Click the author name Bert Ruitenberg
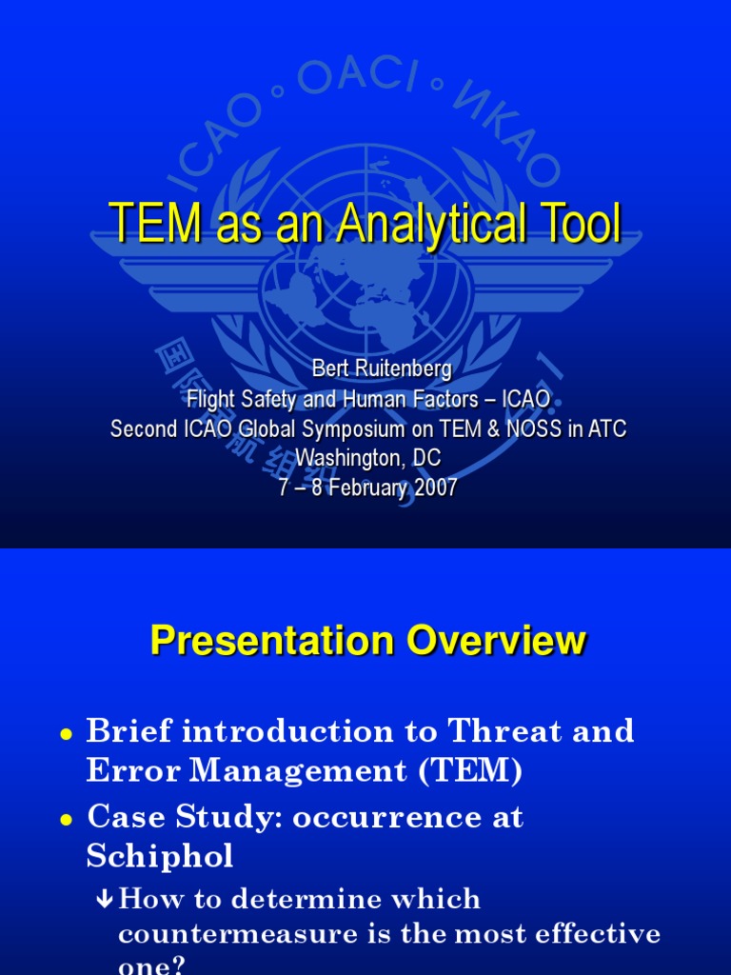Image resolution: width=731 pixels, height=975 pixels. click(x=367, y=369)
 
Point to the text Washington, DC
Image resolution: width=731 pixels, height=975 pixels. click(x=367, y=458)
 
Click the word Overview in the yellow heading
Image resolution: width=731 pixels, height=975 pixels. click(x=496, y=641)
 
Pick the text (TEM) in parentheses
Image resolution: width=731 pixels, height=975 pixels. click(x=467, y=771)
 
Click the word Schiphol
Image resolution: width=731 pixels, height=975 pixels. click(x=159, y=857)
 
